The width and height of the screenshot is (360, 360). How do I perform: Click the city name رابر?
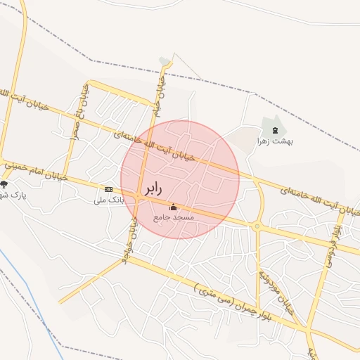(154, 189)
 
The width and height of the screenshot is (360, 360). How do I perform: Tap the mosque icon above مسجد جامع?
(174, 207)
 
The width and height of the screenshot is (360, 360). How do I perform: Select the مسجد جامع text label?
(174, 218)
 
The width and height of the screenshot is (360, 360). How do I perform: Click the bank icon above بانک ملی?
(108, 189)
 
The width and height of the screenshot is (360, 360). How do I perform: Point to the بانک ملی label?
(109, 200)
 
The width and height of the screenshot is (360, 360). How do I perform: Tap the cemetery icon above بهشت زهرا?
(275, 130)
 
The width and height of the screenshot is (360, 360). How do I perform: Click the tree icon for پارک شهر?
(4, 185)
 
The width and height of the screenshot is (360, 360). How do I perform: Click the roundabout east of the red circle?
(257, 226)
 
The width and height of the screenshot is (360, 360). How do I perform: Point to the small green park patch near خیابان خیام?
(165, 61)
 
